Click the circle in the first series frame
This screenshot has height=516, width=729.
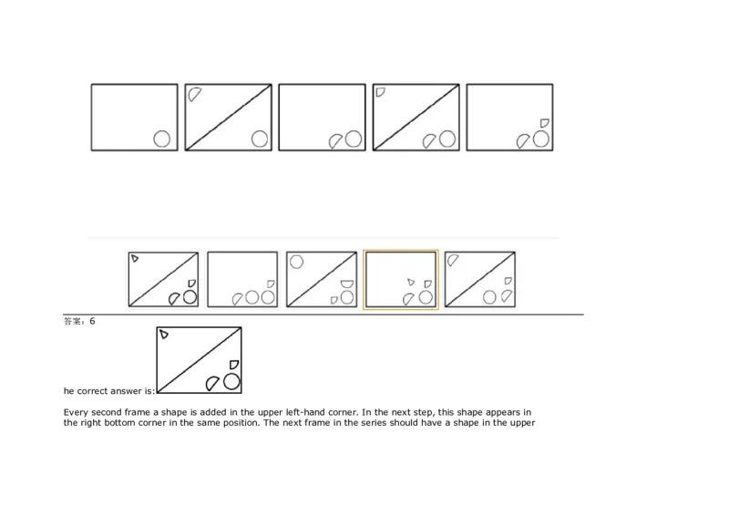(162, 139)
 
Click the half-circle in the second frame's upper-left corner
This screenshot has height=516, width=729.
(194, 93)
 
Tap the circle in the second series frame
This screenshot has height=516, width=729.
(260, 139)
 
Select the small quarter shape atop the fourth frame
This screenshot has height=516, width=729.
(380, 91)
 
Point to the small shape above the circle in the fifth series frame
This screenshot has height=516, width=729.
(544, 122)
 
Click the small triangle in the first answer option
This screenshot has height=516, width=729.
(134, 259)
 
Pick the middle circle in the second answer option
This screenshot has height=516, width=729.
(252, 297)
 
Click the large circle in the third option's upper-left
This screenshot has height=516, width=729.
(296, 262)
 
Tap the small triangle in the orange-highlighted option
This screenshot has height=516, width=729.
(411, 282)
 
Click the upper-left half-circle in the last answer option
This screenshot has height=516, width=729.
(453, 260)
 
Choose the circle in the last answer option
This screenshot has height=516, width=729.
(489, 297)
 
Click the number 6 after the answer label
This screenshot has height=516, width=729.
(92, 321)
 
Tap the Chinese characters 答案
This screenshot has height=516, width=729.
(74, 321)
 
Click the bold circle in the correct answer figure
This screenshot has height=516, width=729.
(231, 380)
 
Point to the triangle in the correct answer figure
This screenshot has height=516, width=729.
(164, 335)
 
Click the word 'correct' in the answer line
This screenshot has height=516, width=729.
(92, 390)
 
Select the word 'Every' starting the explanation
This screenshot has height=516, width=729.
(75, 412)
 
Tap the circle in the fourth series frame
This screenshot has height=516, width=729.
(447, 139)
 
